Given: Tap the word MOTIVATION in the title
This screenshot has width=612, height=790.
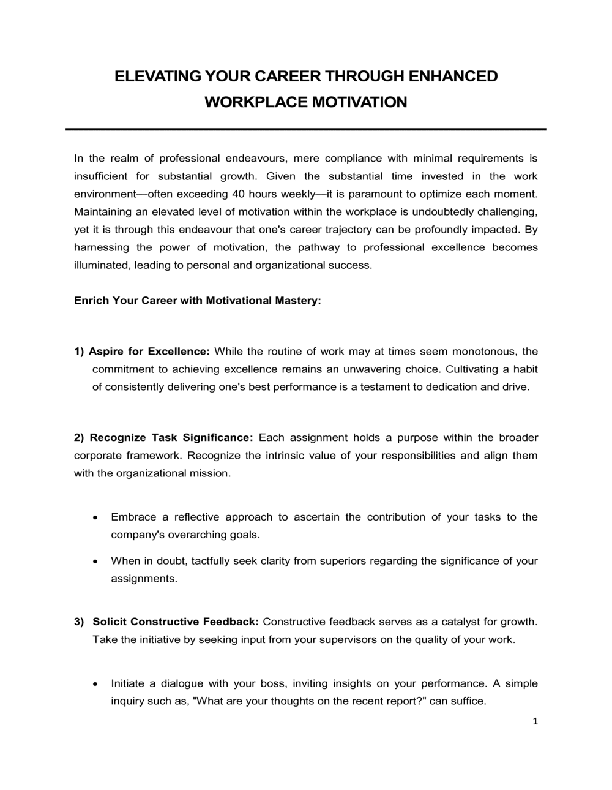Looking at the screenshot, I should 359,102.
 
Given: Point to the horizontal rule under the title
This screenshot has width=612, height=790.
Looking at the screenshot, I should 306,129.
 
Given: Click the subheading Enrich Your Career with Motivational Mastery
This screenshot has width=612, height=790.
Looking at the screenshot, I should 197,301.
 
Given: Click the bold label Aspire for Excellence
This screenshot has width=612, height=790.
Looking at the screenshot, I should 149,352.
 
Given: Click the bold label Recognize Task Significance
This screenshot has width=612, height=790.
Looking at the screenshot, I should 171,438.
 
